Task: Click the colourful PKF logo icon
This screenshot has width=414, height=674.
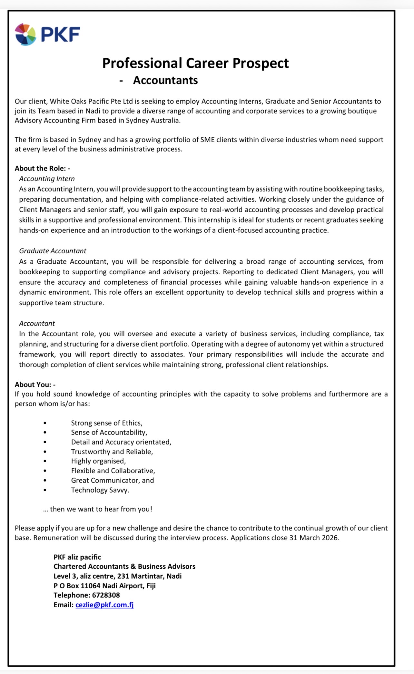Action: [x=25, y=34]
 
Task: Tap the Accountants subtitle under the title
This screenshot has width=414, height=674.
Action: [x=165, y=80]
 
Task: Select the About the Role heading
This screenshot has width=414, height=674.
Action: [x=42, y=168]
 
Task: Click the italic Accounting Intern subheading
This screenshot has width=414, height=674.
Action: [x=47, y=179]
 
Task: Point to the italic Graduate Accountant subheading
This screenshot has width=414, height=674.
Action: [x=53, y=251]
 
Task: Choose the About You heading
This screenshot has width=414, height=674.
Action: [x=35, y=385]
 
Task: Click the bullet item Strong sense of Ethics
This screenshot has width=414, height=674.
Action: [x=107, y=423]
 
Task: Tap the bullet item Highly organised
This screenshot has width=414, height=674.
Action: [x=98, y=461]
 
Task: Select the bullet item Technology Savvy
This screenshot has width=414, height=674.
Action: [x=100, y=490]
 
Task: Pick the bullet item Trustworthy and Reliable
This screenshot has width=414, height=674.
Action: [x=112, y=452]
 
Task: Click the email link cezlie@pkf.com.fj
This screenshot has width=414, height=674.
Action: [x=104, y=605]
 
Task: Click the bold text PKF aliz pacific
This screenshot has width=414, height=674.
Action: [x=77, y=557]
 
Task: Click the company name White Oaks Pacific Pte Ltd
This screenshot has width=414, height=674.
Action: [x=91, y=101]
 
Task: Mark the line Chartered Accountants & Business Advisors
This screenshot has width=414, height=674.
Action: [x=124, y=566]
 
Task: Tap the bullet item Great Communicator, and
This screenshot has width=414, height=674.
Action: [x=113, y=480]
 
